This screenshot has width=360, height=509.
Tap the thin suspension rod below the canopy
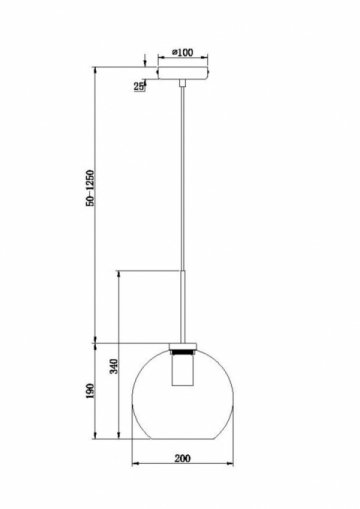point(183,200)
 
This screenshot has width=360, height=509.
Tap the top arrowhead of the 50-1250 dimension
point(96,70)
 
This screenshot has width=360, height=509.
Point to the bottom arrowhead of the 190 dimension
point(96,436)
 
